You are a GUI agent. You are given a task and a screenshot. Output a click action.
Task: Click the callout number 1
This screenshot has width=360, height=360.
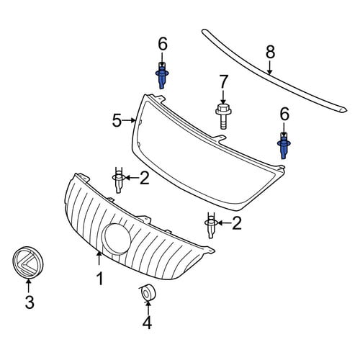99,279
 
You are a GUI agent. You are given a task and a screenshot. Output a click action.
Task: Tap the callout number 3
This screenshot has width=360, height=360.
30,302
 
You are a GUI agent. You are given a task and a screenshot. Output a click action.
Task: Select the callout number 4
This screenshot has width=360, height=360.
147,322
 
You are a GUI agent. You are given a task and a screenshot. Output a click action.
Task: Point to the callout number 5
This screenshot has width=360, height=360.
117,121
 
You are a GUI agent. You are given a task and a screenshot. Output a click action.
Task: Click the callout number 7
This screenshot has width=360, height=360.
223,81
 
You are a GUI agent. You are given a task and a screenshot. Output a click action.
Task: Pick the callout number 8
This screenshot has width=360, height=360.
270,52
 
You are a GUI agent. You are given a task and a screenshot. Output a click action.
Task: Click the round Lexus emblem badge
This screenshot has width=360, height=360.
28,262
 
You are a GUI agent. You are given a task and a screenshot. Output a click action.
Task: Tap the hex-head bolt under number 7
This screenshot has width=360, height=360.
221,116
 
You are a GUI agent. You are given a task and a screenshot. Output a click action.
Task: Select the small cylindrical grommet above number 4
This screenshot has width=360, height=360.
148,293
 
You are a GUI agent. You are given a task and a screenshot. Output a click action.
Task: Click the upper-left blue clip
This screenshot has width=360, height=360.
162,75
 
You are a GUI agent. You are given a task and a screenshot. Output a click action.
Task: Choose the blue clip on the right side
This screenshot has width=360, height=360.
284,146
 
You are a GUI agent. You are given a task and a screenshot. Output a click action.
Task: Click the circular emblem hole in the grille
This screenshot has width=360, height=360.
117,238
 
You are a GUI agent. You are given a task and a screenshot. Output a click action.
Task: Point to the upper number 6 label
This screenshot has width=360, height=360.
163,44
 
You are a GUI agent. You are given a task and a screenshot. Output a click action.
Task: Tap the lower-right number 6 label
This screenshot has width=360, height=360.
284,114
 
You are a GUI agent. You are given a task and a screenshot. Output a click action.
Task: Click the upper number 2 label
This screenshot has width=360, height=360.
145,178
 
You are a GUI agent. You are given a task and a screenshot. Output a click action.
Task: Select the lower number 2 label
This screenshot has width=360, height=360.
237,223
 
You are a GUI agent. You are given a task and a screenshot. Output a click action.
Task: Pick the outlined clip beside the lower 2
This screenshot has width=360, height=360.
211,225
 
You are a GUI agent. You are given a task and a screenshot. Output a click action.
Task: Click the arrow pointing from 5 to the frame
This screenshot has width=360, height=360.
130,121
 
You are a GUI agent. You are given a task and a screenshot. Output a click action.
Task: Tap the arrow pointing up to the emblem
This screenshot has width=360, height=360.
28,287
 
